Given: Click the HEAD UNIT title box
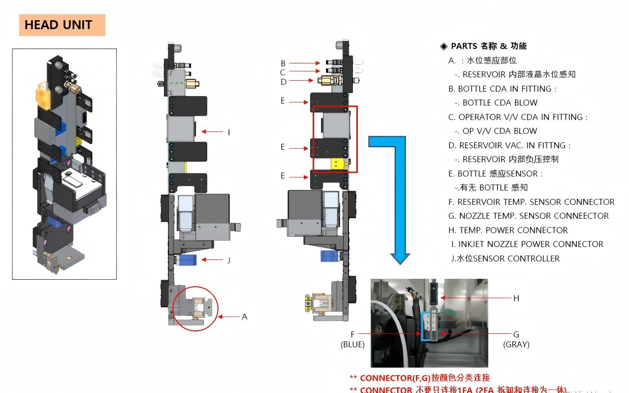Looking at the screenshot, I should click(x=62, y=25).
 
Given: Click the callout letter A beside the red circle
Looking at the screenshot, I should click(x=245, y=317).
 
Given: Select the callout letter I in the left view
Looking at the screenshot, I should click(x=229, y=132).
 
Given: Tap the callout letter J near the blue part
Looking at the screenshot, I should click(x=229, y=260).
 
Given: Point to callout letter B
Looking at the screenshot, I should click(x=283, y=63).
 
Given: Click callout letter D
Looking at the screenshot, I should click(x=283, y=82).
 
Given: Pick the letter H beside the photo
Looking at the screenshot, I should click(x=516, y=298).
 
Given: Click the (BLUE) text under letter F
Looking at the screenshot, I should click(x=352, y=345).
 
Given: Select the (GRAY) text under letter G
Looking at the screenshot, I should click(x=516, y=345).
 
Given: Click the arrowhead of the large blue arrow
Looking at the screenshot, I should click(x=400, y=258).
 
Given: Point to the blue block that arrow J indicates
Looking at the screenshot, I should click(x=188, y=260).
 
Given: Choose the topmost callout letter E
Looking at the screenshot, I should click(x=283, y=101).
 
